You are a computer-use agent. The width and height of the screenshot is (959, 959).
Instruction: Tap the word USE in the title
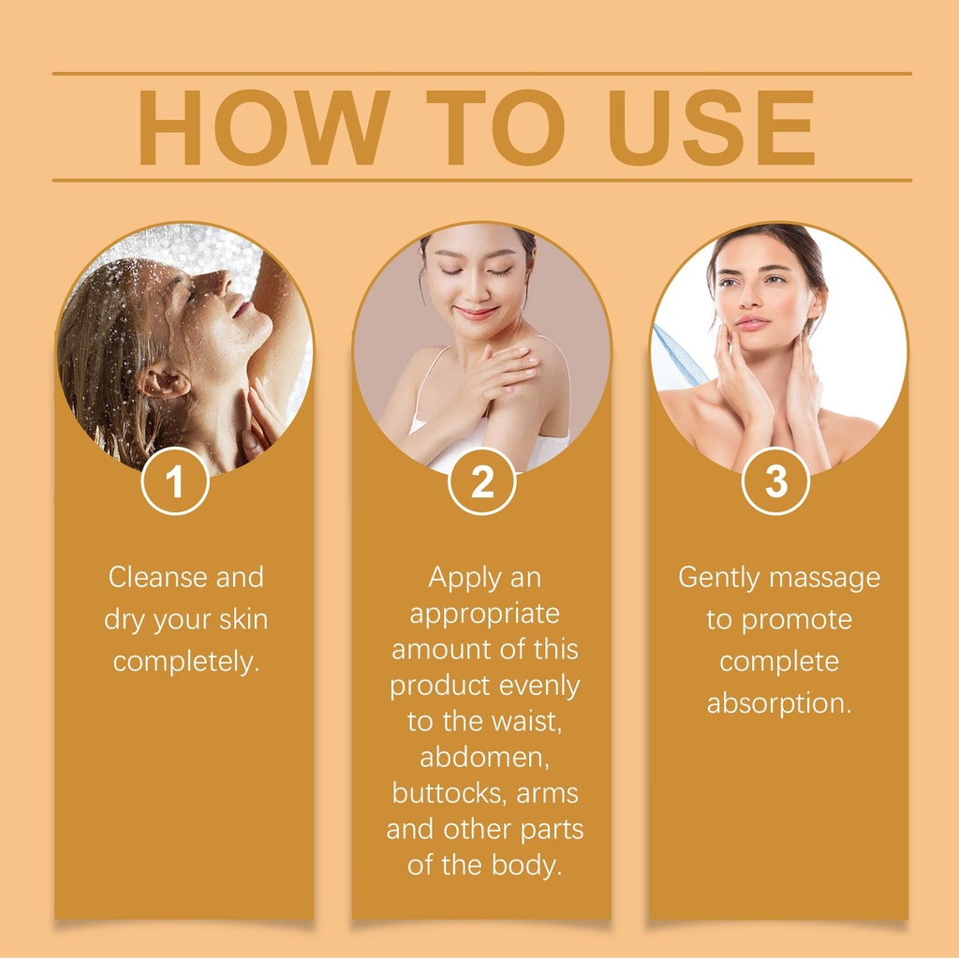(712, 127)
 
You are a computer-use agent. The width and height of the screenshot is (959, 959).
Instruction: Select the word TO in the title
(495, 127)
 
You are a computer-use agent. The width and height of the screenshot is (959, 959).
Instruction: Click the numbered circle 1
(175, 481)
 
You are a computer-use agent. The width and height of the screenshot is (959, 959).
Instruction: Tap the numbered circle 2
(482, 481)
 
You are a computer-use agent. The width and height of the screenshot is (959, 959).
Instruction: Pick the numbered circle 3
(776, 481)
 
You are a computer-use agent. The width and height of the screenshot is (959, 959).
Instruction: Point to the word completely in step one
(186, 662)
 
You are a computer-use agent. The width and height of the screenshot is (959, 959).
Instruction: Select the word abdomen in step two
(484, 758)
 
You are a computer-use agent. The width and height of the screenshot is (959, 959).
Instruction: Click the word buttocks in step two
(450, 793)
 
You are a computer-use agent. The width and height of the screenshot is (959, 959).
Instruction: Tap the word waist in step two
(527, 722)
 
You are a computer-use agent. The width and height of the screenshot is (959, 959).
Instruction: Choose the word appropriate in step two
(484, 614)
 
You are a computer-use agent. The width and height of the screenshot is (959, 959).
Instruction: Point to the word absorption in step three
(779, 703)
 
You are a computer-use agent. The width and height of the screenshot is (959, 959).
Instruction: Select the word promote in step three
(797, 621)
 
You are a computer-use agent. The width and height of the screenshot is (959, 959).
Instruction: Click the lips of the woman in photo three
(753, 322)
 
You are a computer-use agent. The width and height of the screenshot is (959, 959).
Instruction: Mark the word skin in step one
(243, 620)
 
